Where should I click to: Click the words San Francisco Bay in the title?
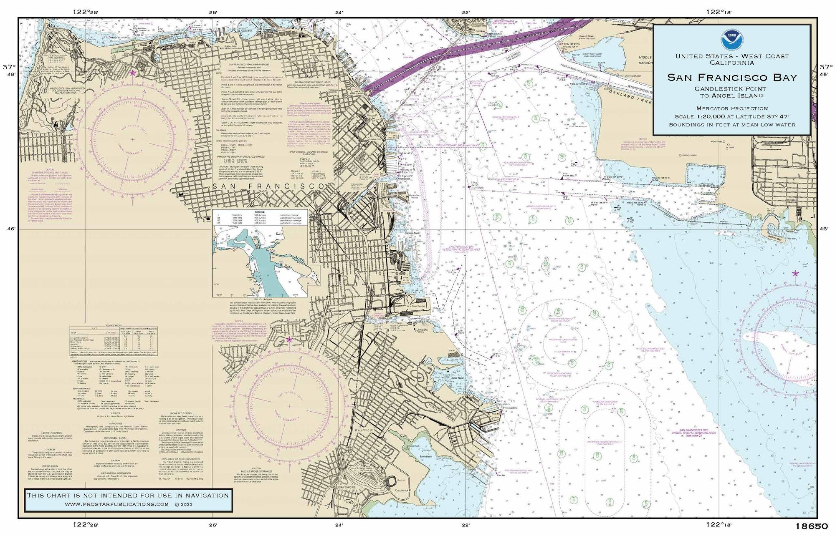click(731, 78)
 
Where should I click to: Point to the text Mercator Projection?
click(731, 108)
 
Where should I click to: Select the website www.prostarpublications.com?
click(117, 504)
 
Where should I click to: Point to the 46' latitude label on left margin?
click(10, 229)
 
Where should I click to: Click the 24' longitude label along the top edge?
click(339, 13)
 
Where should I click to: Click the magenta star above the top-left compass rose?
click(133, 73)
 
